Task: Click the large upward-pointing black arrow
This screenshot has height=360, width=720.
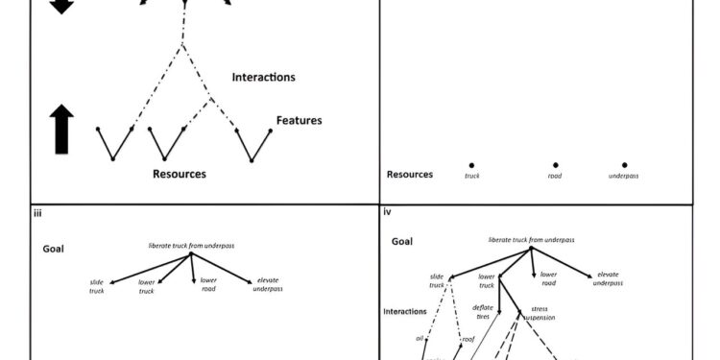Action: pos(61,131)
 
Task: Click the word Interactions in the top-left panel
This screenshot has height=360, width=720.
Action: pos(263,77)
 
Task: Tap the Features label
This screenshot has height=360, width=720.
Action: pos(299,121)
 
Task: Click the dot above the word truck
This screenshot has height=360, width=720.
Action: pos(471,165)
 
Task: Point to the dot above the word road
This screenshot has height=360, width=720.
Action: pos(555,165)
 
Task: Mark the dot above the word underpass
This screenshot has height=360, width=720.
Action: pos(624,165)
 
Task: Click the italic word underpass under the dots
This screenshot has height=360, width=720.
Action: pos(624,176)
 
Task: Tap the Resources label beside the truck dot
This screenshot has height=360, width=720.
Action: pos(409,175)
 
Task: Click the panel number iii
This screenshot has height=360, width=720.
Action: pos(37,214)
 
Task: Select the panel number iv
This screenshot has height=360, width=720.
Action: pos(388,214)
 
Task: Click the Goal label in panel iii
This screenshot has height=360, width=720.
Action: pos(54,248)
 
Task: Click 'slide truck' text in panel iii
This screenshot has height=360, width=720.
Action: pos(97,286)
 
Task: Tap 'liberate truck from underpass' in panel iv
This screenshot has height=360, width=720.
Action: pos(531,239)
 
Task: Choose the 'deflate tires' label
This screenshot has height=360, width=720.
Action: pos(483,312)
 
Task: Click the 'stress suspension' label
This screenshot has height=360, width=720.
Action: pos(539,313)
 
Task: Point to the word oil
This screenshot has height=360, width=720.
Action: pos(420,339)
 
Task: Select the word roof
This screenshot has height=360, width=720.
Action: pos(468,339)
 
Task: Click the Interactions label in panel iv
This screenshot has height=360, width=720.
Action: pos(405,312)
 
